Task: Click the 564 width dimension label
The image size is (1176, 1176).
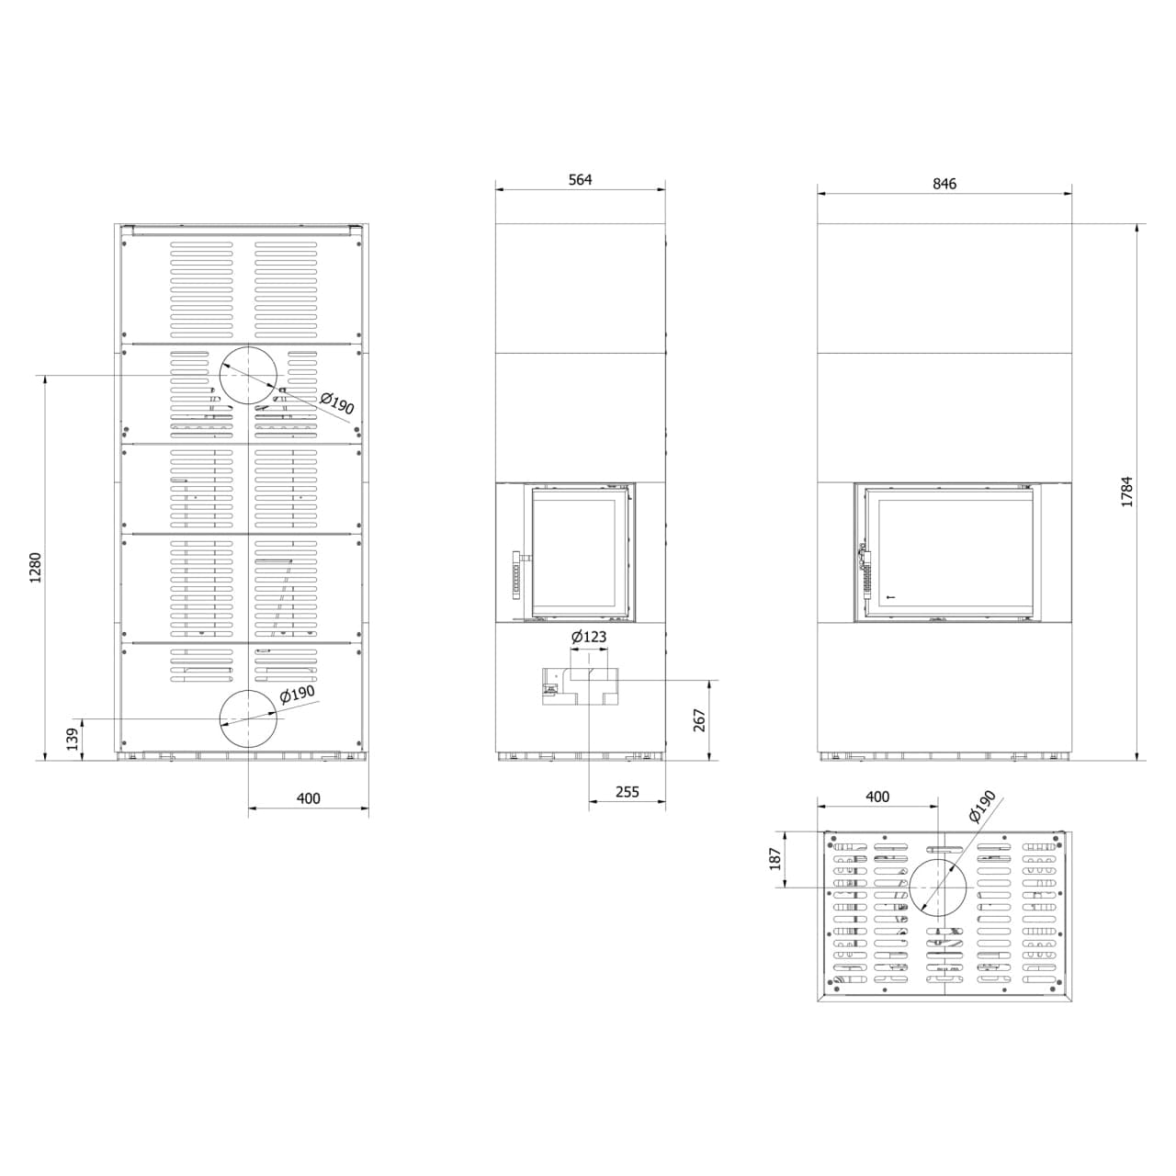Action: pos(580,179)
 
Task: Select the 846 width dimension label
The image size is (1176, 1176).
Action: pos(944,184)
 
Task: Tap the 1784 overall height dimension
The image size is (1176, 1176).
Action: pos(1126,492)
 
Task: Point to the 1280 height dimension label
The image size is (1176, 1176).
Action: pos(36,568)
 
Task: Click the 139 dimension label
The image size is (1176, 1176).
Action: pos(73,739)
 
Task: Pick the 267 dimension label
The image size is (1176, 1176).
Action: pos(699,720)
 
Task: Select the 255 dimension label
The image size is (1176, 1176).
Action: pos(627,792)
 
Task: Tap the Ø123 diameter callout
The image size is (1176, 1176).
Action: pos(589,637)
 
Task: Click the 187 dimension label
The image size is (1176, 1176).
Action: pos(775,859)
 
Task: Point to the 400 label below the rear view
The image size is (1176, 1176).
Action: pos(308,798)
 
